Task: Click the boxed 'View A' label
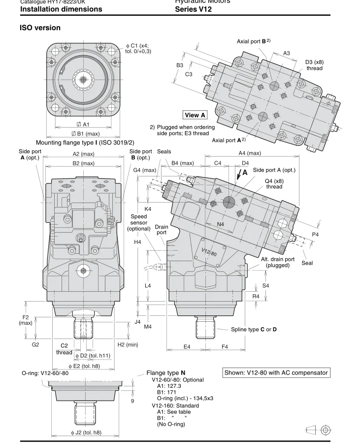point(195,115)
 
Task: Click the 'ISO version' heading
point(40,28)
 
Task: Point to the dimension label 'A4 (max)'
point(257,153)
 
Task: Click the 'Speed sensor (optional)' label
point(139,222)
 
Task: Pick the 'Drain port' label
point(162,230)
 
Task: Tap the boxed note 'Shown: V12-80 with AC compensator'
point(276,373)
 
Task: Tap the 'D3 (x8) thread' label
point(314,65)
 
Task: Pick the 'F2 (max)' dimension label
point(26,319)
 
